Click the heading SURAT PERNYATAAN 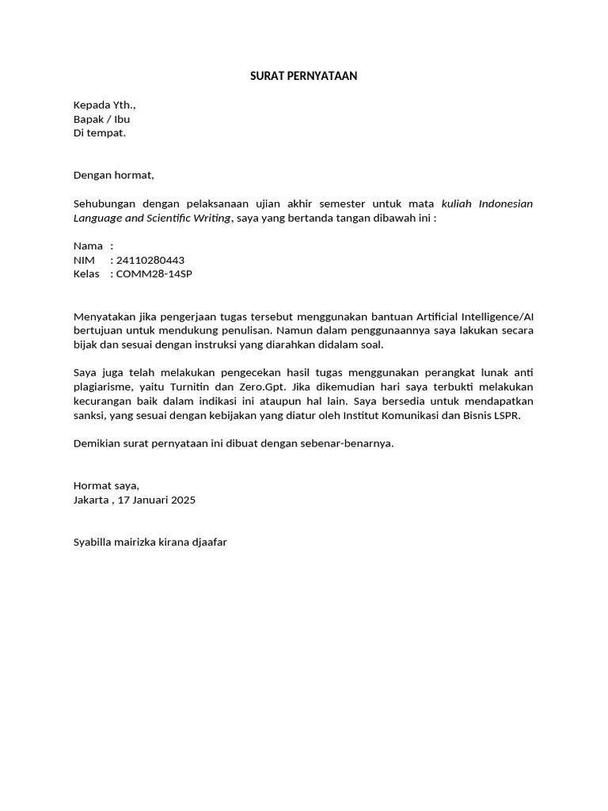coord(304,76)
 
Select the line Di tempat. coord(99,133)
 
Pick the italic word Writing coord(209,218)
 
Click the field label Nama coord(88,246)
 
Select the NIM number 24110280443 coord(150,261)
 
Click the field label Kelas coord(86,274)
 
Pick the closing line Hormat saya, coord(106,485)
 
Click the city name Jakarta coord(91,500)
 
